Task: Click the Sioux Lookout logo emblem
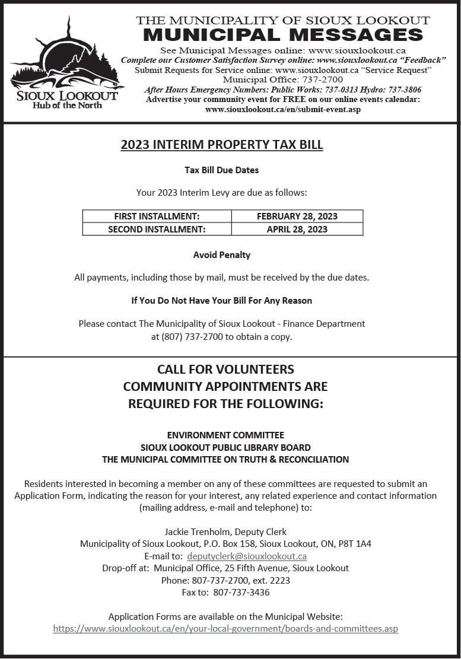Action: click(x=64, y=59)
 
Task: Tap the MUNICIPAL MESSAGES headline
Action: click(x=283, y=34)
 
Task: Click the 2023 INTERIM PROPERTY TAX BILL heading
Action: click(x=222, y=145)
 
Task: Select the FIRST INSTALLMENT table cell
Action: click(x=157, y=217)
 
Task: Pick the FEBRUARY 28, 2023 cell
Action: click(x=297, y=217)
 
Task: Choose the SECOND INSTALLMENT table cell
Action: click(x=157, y=229)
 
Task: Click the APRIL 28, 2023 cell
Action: click(x=297, y=229)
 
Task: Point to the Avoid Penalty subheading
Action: click(x=222, y=255)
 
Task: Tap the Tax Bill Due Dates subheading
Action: click(x=222, y=170)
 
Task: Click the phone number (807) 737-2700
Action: click(x=189, y=336)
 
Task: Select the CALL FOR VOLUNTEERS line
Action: click(x=225, y=370)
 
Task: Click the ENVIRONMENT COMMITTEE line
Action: click(x=225, y=435)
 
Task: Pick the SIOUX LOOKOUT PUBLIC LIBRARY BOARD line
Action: click(x=225, y=447)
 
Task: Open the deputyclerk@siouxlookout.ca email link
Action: click(x=247, y=556)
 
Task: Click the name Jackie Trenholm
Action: click(x=197, y=532)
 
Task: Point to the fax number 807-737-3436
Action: click(x=241, y=592)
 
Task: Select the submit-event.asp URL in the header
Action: click(x=282, y=109)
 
